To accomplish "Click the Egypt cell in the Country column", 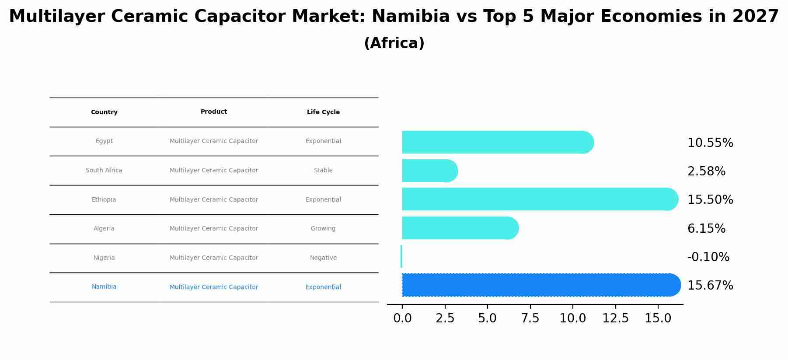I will [104, 141].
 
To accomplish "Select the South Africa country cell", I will [104, 171].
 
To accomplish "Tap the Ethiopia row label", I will [104, 200].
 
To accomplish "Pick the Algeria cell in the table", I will [104, 229].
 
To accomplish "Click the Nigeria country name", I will [104, 258].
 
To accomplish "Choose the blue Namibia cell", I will [104, 287].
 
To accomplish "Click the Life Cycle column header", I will [323, 112].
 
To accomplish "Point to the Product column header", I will [214, 112].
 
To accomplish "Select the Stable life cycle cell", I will [323, 171].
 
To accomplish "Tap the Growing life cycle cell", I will [323, 229].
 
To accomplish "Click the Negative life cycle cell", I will [323, 258].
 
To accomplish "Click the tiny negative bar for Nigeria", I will [401, 256].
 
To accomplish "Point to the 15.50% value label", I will [710, 200].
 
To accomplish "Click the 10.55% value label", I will [710, 143].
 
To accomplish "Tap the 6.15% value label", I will [706, 229].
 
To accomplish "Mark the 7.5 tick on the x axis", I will [530, 318].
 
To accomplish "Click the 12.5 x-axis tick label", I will [615, 318].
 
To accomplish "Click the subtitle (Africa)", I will [394, 43].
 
